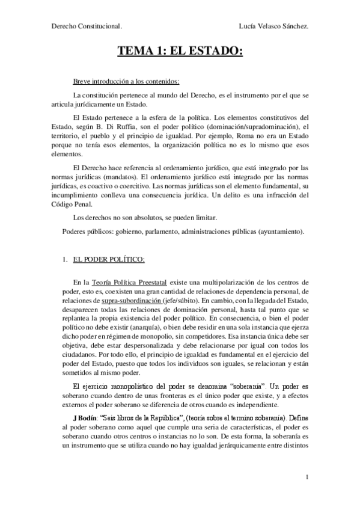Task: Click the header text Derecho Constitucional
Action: point(87,27)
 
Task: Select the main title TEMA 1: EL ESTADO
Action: point(180,52)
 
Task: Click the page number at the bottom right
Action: point(307,477)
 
